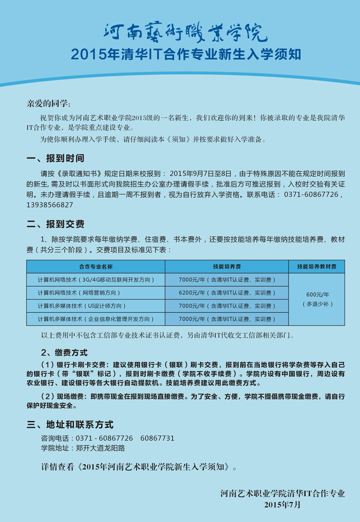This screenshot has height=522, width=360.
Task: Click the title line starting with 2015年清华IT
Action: point(185,55)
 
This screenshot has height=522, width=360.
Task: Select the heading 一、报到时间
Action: point(55,158)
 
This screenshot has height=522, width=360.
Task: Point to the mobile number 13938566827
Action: point(50,205)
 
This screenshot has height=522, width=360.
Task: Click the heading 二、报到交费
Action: point(55,224)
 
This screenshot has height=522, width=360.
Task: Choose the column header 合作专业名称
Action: point(96,266)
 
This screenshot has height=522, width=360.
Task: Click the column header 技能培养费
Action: point(227,266)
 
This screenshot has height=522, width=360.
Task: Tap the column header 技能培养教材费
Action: point(316,266)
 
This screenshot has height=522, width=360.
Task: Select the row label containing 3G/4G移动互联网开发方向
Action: point(96,279)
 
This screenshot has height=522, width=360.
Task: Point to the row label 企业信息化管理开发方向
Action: point(96,319)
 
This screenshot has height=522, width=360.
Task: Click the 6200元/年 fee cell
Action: point(227,292)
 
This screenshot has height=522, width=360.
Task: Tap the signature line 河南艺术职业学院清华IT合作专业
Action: point(283,494)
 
